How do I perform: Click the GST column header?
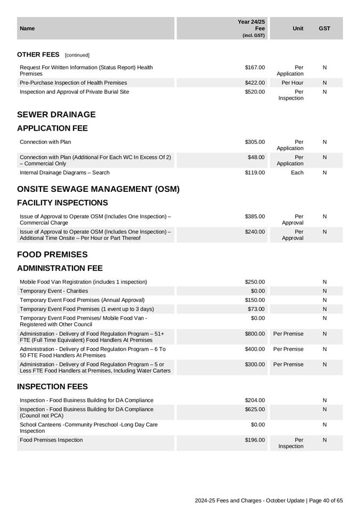(324, 28)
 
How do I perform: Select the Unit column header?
(298, 28)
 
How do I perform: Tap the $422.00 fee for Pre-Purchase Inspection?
(254, 83)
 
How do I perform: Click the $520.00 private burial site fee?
(254, 92)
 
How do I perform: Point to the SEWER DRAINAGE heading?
(57, 115)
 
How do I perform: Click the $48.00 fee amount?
(256, 157)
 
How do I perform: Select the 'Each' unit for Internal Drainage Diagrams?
(297, 173)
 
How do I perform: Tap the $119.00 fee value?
(254, 173)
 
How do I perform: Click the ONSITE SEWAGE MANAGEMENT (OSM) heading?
(98, 189)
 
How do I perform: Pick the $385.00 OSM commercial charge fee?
(254, 216)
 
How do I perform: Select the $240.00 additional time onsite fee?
(254, 232)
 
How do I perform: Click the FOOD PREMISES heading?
(52, 255)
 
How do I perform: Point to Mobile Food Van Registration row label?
(83, 282)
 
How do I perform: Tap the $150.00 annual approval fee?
(254, 300)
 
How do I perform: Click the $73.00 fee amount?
(256, 309)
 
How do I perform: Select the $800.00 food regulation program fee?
(254, 334)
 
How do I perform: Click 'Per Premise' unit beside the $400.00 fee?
(288, 349)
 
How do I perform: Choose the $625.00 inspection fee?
(254, 409)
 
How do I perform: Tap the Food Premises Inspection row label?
(51, 440)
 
